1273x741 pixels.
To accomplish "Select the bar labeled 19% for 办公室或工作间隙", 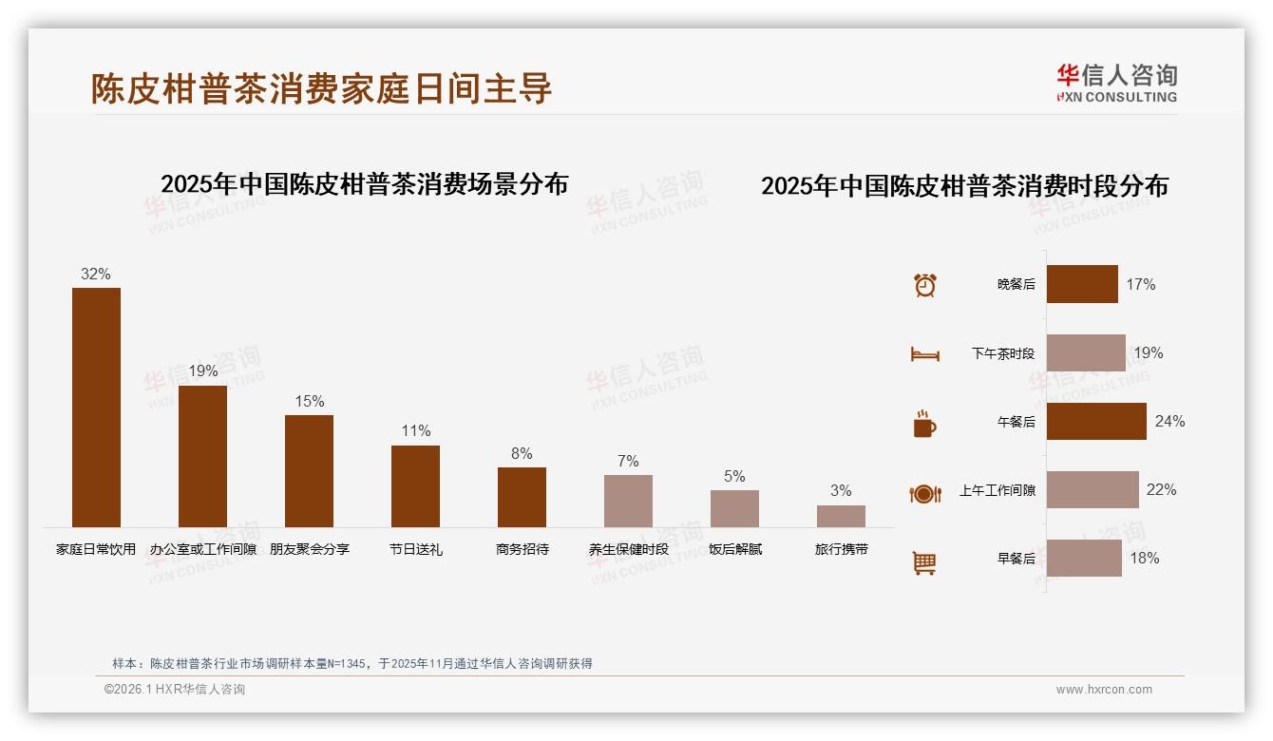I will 202,456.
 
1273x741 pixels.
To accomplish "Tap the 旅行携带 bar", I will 841,516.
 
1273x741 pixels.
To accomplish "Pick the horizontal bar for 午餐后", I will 1096,421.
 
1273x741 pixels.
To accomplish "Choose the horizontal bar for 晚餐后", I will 1082,284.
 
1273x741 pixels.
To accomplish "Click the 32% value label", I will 95,274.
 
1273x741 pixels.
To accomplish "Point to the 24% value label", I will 1169,421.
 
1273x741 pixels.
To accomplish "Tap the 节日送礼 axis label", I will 415,549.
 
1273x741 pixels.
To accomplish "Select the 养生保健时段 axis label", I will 628,549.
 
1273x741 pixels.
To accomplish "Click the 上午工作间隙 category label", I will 997,490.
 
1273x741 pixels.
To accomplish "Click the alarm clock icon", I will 924,285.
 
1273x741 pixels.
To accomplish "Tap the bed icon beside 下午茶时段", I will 924,354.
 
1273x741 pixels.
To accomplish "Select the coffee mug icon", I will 924,424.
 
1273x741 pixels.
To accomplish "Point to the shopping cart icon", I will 924,562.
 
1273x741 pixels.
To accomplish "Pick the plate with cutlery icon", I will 924,493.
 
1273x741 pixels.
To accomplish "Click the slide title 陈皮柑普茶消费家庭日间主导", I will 321,88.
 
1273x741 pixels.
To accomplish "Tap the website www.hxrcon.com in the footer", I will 1104,690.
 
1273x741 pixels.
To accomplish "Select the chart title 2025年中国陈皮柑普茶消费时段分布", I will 964,186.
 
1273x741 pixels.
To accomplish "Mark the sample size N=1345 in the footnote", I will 345,664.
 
